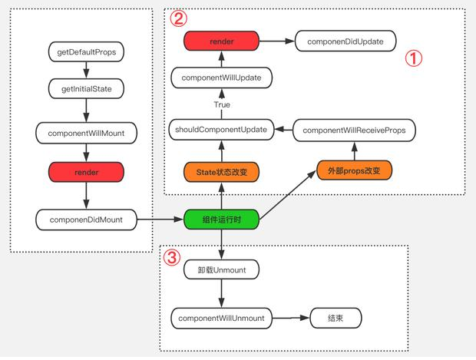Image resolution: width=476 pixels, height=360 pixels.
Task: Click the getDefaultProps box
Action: coord(86,52)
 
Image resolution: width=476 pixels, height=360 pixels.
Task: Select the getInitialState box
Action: coord(86,88)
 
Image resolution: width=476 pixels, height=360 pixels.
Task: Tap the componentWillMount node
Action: coord(86,133)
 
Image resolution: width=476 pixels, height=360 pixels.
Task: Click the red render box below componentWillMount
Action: coord(86,172)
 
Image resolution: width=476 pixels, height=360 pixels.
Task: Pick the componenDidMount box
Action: coord(86,220)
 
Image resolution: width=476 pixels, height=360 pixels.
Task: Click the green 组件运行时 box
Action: coord(222,220)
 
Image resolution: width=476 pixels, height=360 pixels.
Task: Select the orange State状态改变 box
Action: coord(222,172)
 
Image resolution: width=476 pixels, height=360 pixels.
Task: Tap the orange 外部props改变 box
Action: coord(354,170)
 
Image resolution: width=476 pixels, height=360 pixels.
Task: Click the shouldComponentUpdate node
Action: coord(222,130)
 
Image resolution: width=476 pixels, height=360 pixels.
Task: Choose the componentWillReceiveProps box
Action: coord(354,130)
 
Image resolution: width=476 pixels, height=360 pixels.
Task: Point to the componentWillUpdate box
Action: coord(222,78)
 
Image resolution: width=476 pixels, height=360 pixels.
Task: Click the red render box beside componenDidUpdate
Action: coord(222,41)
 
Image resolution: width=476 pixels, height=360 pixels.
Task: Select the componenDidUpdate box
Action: coord(345,41)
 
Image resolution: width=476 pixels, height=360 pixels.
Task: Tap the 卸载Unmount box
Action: coord(222,269)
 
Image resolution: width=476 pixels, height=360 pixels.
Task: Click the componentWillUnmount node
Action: coord(222,318)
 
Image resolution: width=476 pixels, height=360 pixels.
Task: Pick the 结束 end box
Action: coord(336,318)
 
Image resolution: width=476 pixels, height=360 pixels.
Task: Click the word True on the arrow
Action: coord(222,104)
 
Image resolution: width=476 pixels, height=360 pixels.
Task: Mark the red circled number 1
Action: coord(414,58)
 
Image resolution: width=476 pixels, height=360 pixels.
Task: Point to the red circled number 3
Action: coord(172,258)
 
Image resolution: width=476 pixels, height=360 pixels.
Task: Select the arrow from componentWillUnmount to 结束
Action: coord(291,318)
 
